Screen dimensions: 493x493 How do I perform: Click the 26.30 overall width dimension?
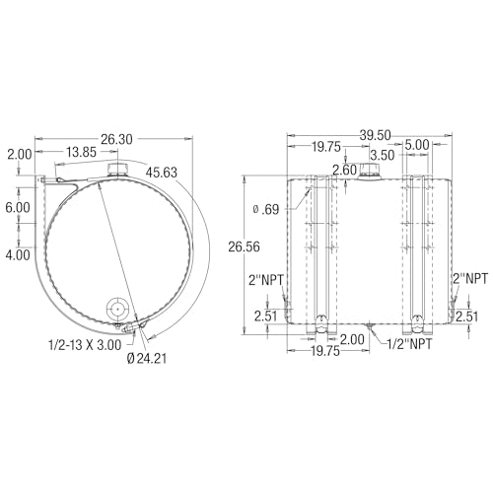116,139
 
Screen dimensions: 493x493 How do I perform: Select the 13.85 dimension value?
82,152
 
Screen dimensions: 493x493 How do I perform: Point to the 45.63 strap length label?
162,173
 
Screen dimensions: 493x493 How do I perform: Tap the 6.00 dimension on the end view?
18,207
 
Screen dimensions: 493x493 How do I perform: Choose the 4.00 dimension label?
18,255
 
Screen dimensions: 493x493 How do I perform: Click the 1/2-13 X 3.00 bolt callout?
85,345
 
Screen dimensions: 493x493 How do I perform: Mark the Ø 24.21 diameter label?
147,358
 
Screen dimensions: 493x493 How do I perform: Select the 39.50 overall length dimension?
375,135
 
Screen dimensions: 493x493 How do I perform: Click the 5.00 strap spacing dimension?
417,145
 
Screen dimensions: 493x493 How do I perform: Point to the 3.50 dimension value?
382,155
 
